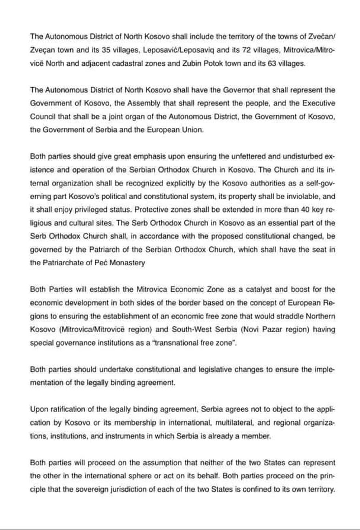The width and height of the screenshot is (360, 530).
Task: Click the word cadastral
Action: pos(133,63)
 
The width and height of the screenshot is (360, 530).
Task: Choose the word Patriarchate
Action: pos(64,263)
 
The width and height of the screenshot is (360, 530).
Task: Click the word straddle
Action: pos(293,316)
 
